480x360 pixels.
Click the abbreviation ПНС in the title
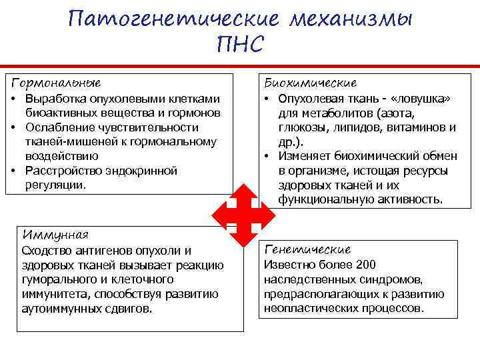[241, 45]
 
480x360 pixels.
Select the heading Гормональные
[56, 83]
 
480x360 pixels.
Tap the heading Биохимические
[311, 83]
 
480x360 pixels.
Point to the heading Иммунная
[55, 235]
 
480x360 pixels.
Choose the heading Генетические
[308, 249]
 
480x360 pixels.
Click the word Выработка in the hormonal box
[52, 99]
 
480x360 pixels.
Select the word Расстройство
[60, 171]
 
